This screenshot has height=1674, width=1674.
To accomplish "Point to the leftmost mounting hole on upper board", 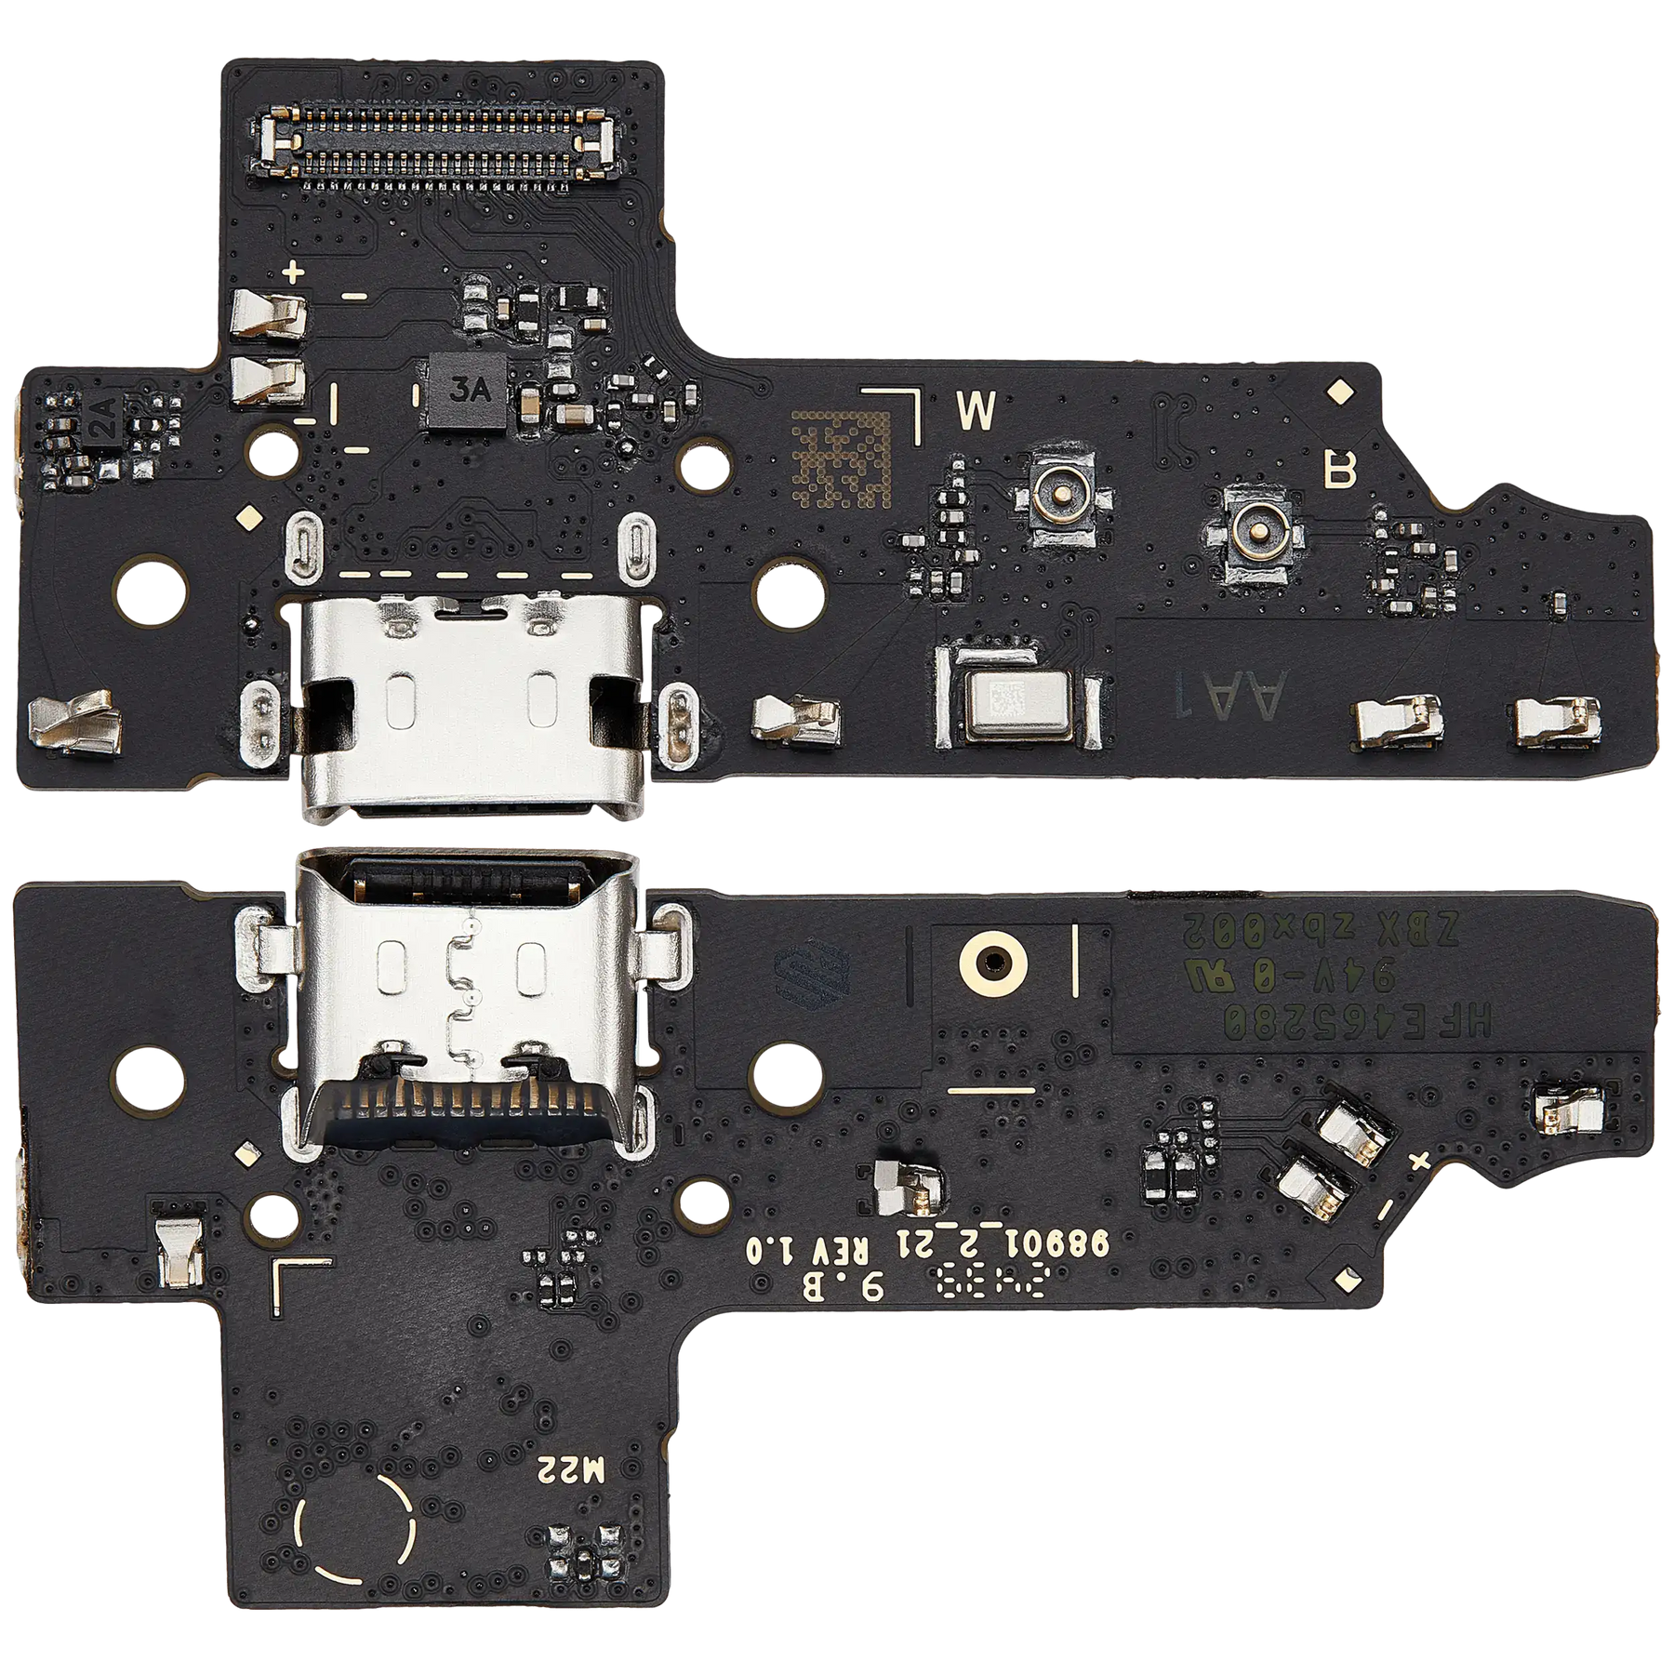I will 150,591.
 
